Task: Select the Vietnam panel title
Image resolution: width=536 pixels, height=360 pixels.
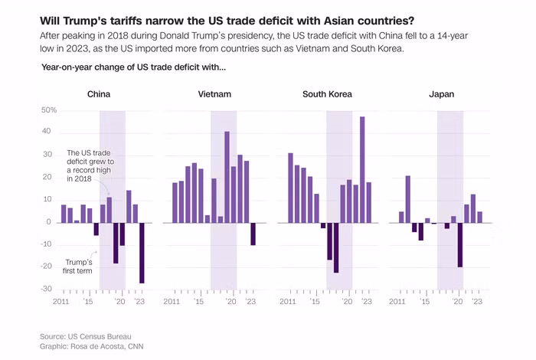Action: point(214,95)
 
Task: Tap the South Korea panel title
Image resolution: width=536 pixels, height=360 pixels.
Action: point(327,95)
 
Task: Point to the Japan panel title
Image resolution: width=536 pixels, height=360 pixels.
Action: point(442,95)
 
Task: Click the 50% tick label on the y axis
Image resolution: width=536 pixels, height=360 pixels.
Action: point(48,111)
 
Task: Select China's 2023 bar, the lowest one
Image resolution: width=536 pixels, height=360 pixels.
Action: point(142,253)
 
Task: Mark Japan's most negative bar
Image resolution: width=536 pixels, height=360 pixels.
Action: point(459,245)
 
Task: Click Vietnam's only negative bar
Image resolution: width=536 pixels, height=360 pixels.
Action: point(253,234)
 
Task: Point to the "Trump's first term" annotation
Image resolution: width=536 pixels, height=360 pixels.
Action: point(78,265)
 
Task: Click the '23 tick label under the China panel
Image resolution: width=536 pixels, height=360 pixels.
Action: point(141,303)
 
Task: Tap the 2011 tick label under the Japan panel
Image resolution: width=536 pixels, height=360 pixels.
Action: point(399,303)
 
